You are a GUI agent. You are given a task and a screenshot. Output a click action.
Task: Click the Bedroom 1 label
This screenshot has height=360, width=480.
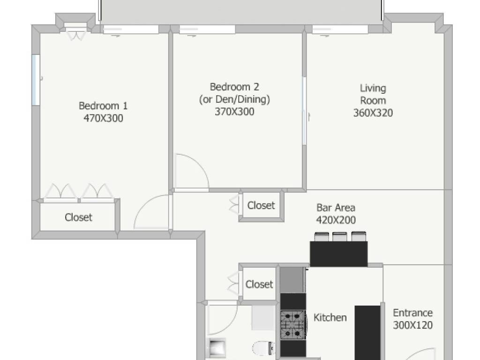(x=103, y=106)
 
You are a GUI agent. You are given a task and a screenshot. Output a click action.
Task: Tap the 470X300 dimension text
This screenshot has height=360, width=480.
(x=103, y=118)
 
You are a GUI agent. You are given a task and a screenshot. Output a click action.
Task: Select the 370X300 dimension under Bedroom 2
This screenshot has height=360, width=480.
(x=234, y=112)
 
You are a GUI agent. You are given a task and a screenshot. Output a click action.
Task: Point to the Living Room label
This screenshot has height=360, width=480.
(x=373, y=94)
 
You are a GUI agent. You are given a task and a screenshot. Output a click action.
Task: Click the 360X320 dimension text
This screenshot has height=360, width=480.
(x=373, y=113)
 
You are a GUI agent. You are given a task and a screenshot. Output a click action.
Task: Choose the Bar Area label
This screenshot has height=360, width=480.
(x=336, y=208)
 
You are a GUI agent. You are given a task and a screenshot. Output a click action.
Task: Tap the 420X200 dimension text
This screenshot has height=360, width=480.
(x=336, y=220)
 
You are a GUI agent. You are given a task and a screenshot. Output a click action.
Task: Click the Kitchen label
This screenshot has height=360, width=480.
(x=330, y=317)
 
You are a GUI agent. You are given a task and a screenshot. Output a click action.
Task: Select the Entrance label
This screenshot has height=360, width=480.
(x=412, y=313)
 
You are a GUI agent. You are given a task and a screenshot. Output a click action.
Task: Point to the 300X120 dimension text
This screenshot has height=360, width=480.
(x=412, y=325)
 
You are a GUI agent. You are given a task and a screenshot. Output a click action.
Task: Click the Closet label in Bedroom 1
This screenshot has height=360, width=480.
(x=78, y=217)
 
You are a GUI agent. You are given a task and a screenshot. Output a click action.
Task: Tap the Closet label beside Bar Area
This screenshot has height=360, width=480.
(x=261, y=205)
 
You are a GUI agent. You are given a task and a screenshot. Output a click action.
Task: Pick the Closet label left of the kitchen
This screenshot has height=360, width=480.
(x=259, y=285)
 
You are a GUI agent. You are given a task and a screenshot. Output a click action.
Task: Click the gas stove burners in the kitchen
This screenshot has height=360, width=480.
(x=293, y=325)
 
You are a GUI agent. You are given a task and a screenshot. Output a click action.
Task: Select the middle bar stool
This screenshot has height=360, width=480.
(x=339, y=237)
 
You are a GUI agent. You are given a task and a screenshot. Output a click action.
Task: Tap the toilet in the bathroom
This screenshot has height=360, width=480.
(x=263, y=348)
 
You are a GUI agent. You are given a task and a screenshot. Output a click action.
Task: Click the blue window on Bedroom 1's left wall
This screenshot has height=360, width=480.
(x=36, y=80)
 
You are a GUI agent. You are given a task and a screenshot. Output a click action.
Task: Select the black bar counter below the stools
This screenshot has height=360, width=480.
(x=338, y=254)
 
